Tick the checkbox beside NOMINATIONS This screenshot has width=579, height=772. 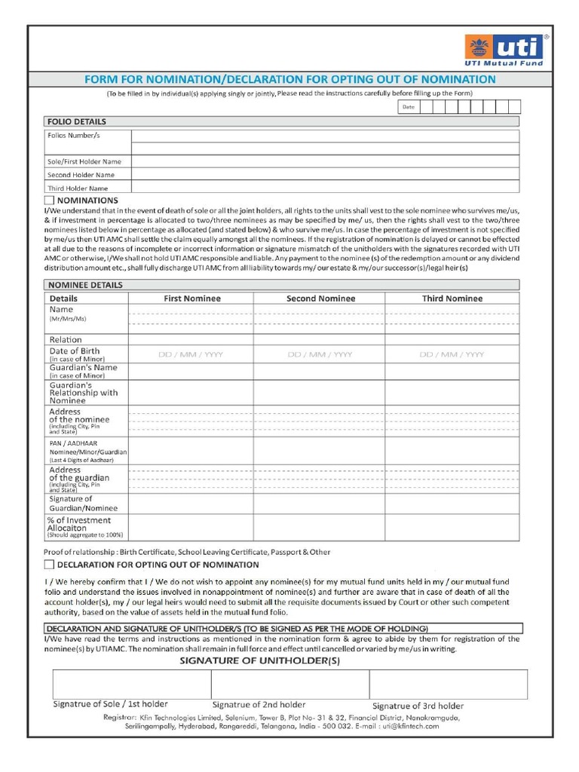49,201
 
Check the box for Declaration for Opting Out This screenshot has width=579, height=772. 49,564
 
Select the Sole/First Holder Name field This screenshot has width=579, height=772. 325,161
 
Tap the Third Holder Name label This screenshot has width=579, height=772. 78,188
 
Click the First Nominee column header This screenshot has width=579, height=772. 192,299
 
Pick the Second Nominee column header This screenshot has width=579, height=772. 320,299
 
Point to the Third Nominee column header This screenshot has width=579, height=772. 452,299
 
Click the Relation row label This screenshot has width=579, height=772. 66,340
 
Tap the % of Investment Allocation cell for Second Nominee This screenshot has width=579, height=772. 319,527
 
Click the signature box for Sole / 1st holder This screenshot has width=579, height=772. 132,684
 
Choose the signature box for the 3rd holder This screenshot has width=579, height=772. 448,684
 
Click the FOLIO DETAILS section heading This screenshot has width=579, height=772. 77,121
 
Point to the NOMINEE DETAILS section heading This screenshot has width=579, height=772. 85,285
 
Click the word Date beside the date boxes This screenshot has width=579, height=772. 408,107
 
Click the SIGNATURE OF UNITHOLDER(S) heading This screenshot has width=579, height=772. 259,661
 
